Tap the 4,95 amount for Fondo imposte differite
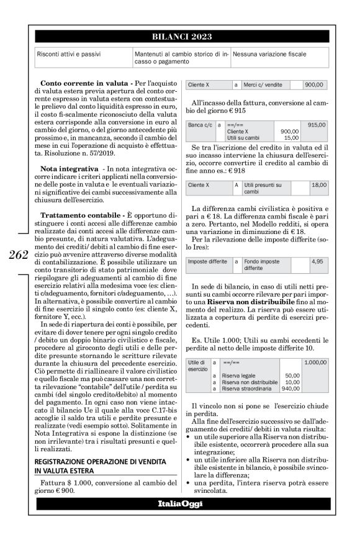click(x=319, y=262)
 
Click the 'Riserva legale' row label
click(x=243, y=375)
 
